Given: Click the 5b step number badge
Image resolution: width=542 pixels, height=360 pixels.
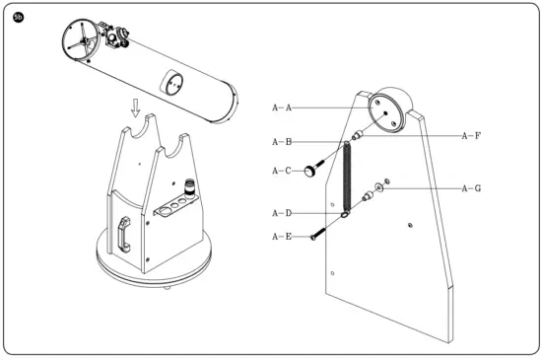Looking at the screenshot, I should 18,18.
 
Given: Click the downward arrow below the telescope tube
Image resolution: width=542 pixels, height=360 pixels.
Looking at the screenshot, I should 138,103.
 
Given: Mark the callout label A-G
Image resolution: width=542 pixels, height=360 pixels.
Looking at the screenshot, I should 470,187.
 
